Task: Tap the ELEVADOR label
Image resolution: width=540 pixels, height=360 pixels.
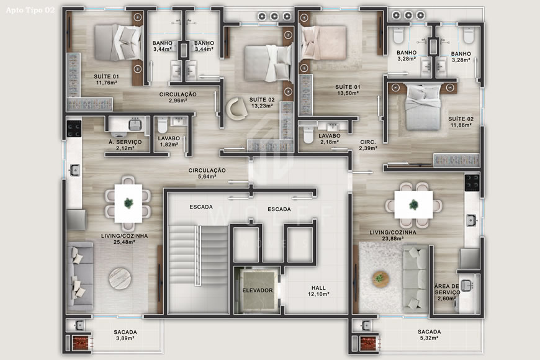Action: [258, 290]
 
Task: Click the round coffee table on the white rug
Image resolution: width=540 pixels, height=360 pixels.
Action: [380, 279]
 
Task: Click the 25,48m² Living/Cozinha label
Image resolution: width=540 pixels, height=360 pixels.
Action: [124, 239]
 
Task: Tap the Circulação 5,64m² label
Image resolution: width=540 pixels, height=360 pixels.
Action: [207, 173]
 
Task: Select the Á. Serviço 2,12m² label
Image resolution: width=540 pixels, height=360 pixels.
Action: [125, 145]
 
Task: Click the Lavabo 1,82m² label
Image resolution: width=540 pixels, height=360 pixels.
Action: [168, 142]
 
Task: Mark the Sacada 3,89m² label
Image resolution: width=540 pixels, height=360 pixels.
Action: [125, 335]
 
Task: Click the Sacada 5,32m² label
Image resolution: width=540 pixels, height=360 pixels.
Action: [430, 335]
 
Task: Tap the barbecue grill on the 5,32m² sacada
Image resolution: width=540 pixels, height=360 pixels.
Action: [367, 343]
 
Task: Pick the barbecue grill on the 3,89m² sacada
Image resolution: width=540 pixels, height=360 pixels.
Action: [79, 343]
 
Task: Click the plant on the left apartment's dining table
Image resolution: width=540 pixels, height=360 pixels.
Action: [128, 202]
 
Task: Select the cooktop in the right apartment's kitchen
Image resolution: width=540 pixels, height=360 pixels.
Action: [472, 182]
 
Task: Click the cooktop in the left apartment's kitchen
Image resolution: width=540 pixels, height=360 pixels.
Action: [74, 128]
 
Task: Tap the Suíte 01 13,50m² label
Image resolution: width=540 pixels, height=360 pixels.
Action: [348, 90]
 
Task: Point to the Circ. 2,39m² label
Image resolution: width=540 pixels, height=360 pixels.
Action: [369, 145]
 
